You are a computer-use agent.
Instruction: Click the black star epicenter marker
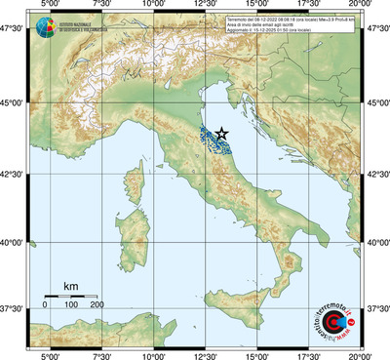(x=222, y=134)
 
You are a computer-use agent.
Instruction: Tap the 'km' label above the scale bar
(x=70, y=286)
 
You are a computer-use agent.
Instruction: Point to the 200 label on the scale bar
(x=97, y=305)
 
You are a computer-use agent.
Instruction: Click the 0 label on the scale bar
(x=45, y=305)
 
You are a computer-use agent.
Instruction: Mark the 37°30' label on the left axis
(x=15, y=308)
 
